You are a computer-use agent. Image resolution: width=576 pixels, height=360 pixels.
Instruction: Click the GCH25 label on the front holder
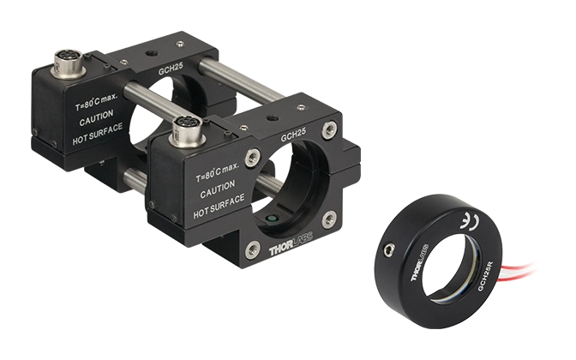(293, 135)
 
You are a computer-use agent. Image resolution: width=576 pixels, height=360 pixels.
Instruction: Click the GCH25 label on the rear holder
(171, 69)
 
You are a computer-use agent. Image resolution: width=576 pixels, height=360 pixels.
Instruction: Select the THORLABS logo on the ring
(419, 262)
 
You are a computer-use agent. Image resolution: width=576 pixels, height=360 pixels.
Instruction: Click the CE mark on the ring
(469, 221)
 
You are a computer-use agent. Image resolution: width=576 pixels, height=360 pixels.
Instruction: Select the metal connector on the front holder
(187, 132)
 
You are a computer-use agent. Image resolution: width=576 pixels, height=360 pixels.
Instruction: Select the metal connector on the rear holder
(69, 64)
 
